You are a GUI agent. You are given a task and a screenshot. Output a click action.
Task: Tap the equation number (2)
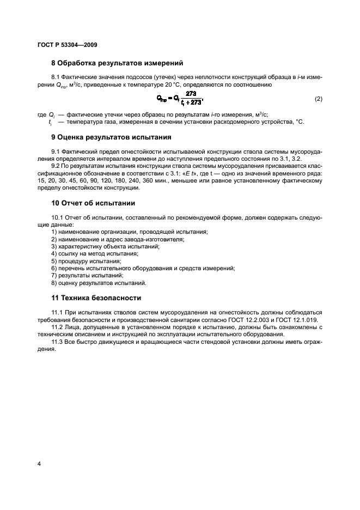pyautogui.click(x=319, y=99)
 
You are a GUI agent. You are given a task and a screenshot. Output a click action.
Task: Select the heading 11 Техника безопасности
pyautogui.click(x=96, y=298)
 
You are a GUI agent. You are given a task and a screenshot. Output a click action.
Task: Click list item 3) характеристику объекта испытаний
pyautogui.click(x=105, y=246)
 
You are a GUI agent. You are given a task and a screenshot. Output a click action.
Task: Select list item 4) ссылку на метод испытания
pyautogui.click(x=95, y=253)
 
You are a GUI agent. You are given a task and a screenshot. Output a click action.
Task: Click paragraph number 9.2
pyautogui.click(x=57, y=166)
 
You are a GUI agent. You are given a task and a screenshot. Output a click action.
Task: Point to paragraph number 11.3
pyautogui.click(x=58, y=342)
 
